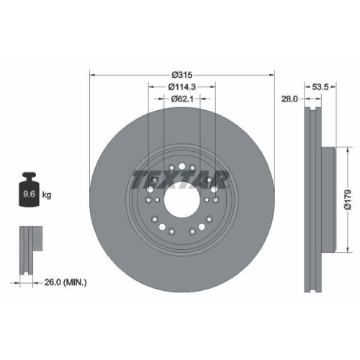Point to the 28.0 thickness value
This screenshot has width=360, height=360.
[290, 100]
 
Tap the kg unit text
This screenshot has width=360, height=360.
[47, 194]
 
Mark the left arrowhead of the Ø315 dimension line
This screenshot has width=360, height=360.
[91, 74]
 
